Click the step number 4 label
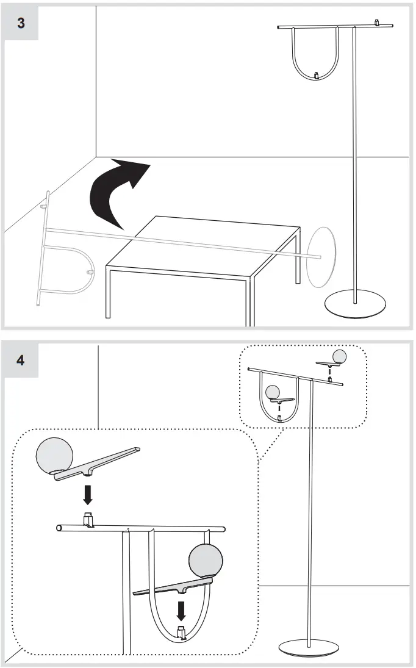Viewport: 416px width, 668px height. [21, 360]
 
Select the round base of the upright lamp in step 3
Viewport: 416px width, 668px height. [355, 306]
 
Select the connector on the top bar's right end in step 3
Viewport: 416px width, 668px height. [378, 23]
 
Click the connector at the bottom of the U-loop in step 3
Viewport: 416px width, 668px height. [316, 75]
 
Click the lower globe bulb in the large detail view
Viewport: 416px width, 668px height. [207, 560]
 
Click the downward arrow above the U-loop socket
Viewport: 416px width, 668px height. [181, 611]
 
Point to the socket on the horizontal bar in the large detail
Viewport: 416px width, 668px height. [88, 520]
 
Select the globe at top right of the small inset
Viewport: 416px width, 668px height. [339, 356]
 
